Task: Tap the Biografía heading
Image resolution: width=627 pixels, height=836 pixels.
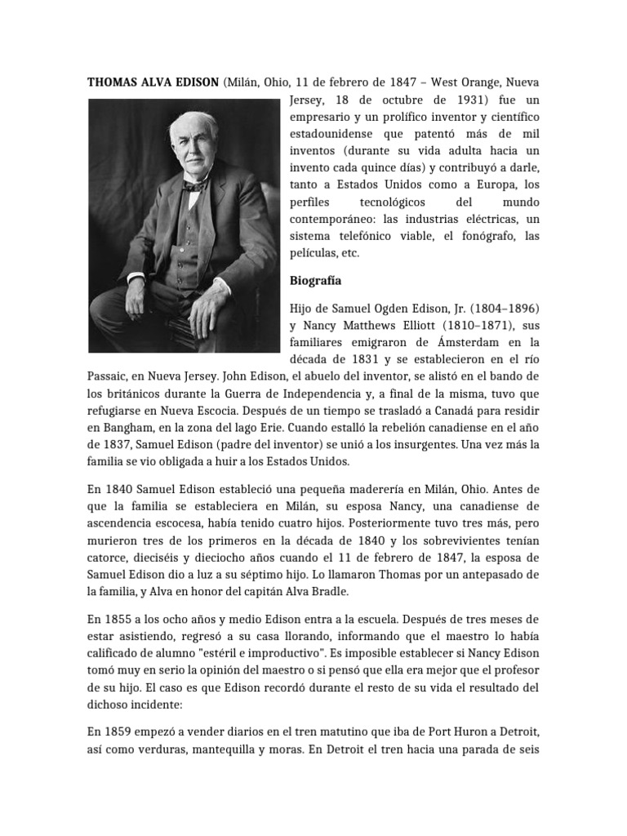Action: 316,281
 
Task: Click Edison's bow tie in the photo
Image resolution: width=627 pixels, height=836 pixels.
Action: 193,186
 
